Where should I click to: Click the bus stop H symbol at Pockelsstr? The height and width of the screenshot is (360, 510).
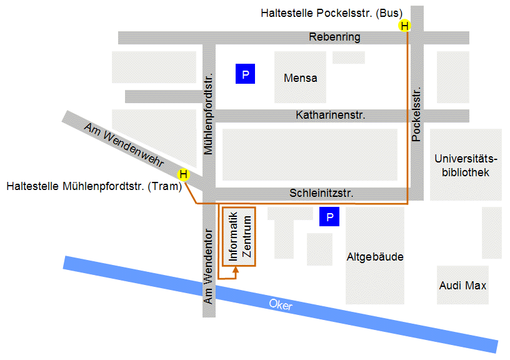pyautogui.click(x=404, y=26)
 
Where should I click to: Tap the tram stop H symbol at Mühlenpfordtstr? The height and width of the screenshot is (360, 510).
pyautogui.click(x=183, y=174)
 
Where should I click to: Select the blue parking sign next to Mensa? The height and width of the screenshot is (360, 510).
pyautogui.click(x=246, y=75)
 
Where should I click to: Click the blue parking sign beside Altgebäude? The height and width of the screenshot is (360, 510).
pyautogui.click(x=329, y=217)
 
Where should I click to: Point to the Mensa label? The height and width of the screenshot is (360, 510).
pyautogui.click(x=300, y=78)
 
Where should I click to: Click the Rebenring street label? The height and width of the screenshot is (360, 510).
pyautogui.click(x=334, y=37)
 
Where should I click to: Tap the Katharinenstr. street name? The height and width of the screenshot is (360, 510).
pyautogui.click(x=330, y=116)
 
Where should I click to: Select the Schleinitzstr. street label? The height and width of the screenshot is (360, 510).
pyautogui.click(x=325, y=194)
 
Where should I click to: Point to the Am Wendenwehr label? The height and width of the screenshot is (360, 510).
pyautogui.click(x=124, y=146)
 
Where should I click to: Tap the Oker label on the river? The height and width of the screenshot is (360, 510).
pyautogui.click(x=280, y=305)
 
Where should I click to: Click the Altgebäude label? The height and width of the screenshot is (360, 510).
pyautogui.click(x=375, y=257)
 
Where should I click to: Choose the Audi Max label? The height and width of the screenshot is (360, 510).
pyautogui.click(x=462, y=286)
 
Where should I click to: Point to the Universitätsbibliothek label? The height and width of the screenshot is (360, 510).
pyautogui.click(x=466, y=165)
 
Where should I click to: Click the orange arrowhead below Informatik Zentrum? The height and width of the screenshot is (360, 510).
pyautogui.click(x=236, y=271)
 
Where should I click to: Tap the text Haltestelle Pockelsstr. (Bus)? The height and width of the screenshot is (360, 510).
pyautogui.click(x=332, y=12)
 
